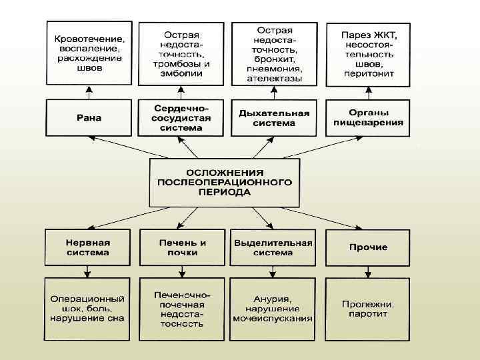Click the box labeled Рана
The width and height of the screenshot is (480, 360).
click(89, 118)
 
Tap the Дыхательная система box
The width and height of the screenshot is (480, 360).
click(274, 118)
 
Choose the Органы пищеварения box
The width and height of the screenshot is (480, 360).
click(367, 118)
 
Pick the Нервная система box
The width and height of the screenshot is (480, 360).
click(88, 247)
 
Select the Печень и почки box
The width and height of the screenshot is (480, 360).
click(182, 247)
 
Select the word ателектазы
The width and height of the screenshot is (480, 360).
click(274, 78)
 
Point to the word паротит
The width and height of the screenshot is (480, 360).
click(368, 314)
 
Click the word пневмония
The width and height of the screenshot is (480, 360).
click(274, 69)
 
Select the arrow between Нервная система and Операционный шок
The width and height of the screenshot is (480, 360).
click(87, 271)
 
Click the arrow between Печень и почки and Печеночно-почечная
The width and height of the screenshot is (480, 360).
click(181, 271)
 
